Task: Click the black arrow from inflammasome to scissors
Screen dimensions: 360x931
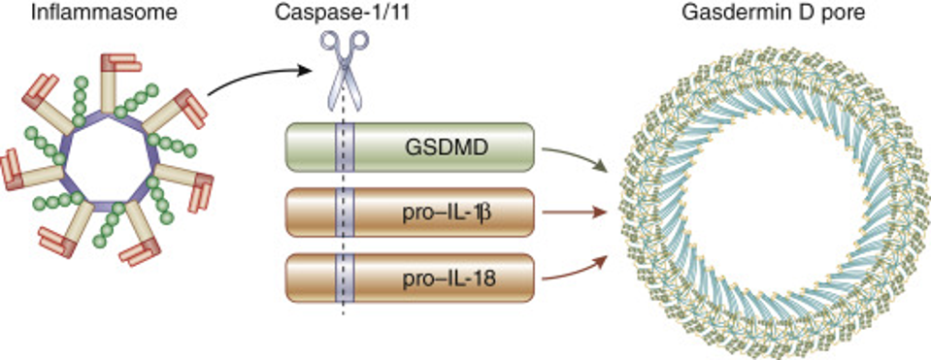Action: [x=254, y=82]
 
